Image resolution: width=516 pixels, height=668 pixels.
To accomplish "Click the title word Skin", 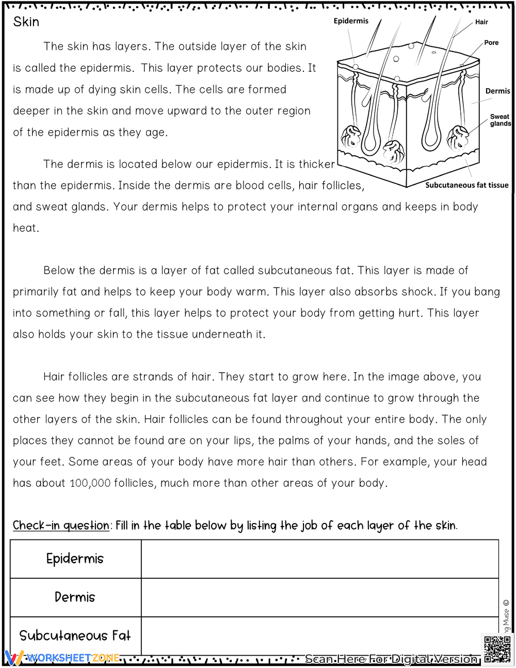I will [26, 22].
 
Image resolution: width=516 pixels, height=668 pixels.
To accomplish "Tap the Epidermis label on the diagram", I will [351, 21].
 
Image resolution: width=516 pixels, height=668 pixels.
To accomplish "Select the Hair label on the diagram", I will [481, 22].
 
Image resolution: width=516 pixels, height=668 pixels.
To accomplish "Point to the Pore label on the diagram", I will [491, 43].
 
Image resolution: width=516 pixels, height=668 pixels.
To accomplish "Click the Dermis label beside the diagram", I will [497, 91].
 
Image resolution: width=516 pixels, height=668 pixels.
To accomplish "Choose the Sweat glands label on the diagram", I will [500, 120].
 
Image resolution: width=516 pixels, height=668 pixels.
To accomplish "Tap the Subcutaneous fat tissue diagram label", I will [466, 185].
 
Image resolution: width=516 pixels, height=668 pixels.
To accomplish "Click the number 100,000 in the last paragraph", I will [90, 483].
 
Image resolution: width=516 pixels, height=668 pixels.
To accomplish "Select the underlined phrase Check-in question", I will [61, 526].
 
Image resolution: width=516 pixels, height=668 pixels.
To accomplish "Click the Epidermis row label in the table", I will [75, 559].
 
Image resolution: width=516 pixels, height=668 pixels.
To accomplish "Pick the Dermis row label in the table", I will [75, 597].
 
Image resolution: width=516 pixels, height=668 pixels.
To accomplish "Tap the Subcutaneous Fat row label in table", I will [75, 635].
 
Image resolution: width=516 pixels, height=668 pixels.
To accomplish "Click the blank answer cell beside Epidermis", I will [319, 559].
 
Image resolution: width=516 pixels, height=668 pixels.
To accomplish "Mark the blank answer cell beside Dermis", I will [319, 597].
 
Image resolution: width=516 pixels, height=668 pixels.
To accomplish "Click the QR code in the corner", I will [497, 649].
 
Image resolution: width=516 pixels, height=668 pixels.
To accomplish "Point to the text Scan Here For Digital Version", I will [391, 659].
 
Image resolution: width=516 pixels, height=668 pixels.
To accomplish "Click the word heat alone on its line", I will [25, 228].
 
